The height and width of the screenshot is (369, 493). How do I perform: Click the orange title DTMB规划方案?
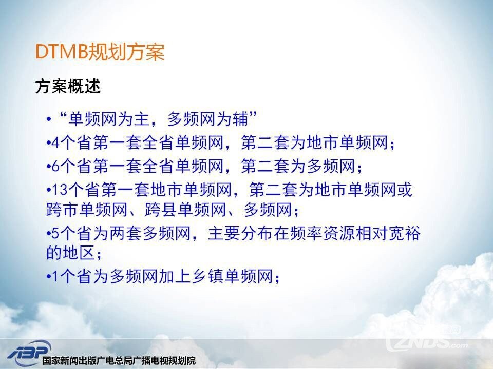tap(100, 51)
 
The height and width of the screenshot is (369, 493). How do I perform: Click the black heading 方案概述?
tap(68, 86)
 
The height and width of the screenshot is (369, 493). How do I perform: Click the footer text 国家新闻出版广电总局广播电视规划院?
tap(119, 361)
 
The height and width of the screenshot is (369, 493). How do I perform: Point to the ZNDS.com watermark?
tap(428, 340)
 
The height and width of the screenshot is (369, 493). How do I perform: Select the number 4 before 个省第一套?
tap(55, 143)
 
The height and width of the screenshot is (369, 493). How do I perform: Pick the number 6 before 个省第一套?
tap(55, 166)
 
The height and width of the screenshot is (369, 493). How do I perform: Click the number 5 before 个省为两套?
tap(55, 234)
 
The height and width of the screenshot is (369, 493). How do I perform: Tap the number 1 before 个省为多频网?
tap(55, 277)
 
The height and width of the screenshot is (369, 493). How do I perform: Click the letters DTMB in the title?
tap(61, 51)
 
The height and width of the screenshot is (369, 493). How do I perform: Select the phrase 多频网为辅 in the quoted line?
tap(207, 119)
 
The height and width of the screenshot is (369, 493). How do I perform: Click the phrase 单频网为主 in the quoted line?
tap(108, 119)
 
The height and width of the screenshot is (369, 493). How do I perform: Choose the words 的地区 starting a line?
tap(71, 253)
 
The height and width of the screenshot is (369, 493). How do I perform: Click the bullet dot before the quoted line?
tap(49, 119)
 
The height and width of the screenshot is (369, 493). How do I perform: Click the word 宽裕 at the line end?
tap(405, 234)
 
